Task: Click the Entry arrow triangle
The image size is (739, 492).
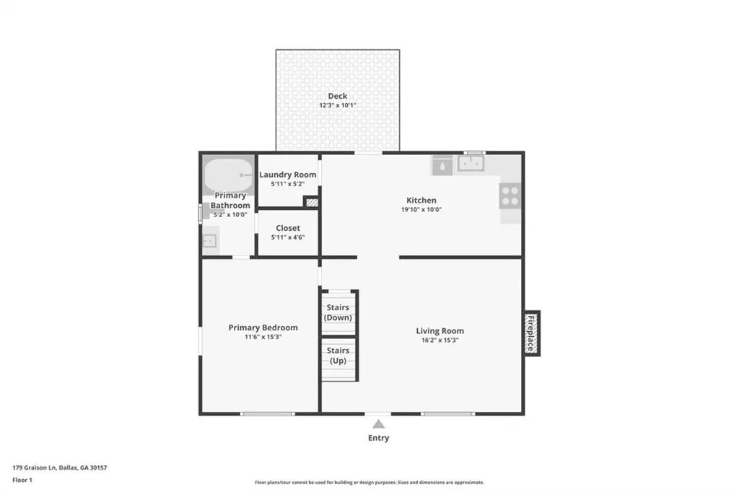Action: [378, 424]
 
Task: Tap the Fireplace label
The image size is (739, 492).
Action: [531, 333]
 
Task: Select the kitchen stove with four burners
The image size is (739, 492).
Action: [510, 196]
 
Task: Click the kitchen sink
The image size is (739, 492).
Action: [471, 164]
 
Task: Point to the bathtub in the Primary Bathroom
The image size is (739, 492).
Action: [229, 175]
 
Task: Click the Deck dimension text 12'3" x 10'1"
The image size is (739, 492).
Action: [338, 105]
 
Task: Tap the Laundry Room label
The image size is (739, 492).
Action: [287, 175]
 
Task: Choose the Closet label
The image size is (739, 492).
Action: [288, 228]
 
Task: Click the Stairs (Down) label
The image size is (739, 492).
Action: [338, 312]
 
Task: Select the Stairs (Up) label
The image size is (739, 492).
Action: [338, 356]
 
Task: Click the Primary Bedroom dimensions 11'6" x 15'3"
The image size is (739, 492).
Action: [263, 337]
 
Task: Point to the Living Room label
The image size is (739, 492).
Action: [440, 331]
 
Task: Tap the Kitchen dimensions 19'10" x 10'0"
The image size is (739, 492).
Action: [421, 210]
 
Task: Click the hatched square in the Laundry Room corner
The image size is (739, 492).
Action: [312, 202]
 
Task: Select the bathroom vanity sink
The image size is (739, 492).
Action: [210, 241]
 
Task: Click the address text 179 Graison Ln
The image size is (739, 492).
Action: [35, 468]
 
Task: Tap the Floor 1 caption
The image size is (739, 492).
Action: [22, 480]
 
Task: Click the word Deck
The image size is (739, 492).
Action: [338, 96]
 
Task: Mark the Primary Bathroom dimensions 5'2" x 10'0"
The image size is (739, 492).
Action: [230, 215]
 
